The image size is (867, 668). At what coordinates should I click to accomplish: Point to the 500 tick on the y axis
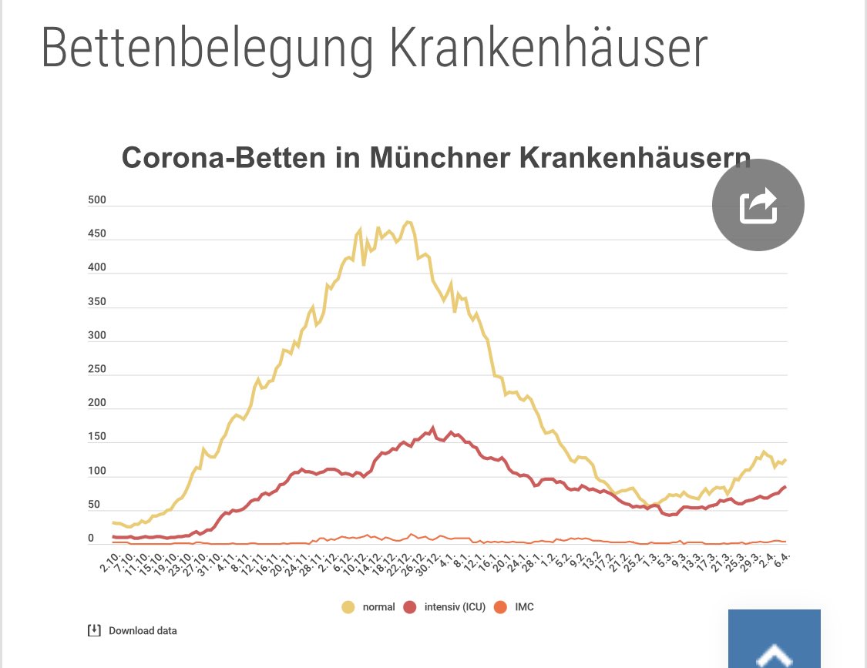97,200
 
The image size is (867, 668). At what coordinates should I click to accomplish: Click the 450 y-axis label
97,234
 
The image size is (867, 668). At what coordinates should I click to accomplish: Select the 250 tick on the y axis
97,369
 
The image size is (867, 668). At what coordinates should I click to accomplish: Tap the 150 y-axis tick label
97,437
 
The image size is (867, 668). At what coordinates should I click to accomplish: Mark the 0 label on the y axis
91,539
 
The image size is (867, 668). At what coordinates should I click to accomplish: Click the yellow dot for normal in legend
348,607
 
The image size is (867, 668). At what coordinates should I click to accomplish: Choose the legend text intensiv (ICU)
455,607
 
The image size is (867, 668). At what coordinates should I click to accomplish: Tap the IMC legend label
524,607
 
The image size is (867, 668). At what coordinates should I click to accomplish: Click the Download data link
143,631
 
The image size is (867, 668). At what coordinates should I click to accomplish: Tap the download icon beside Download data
93,630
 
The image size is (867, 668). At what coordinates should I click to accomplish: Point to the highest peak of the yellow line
408,222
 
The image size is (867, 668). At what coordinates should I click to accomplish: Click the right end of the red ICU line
785,486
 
